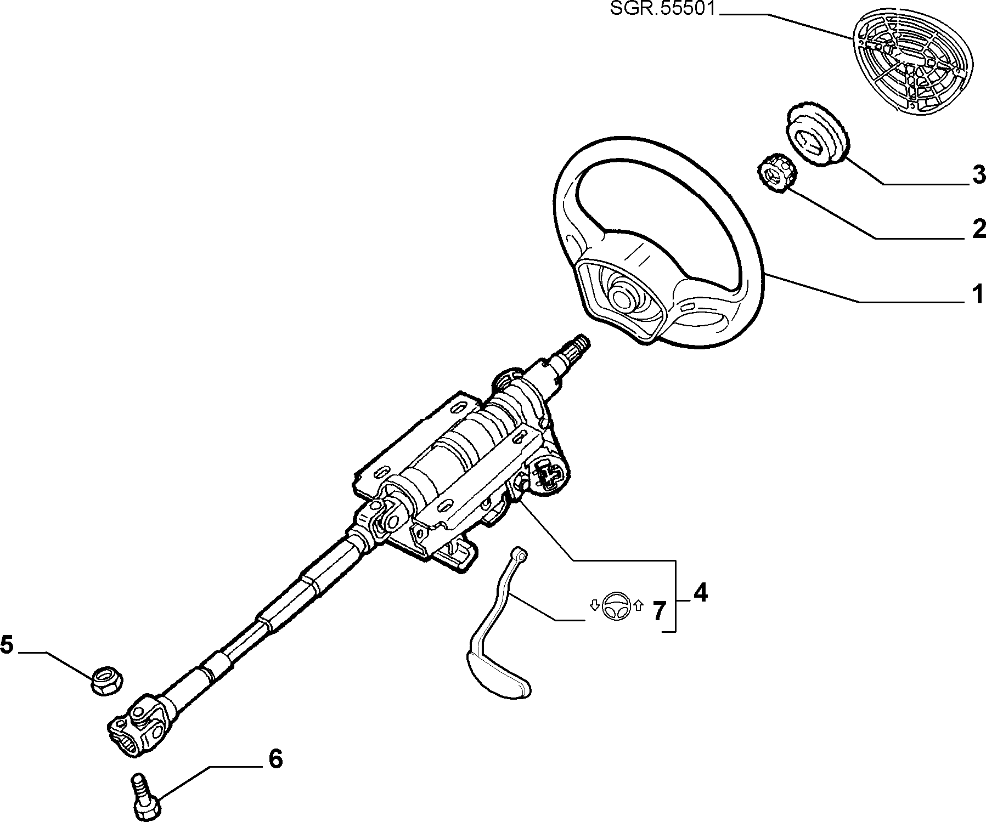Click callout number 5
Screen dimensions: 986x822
(x=7, y=645)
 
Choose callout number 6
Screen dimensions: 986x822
(x=275, y=759)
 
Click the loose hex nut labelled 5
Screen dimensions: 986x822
(x=106, y=682)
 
